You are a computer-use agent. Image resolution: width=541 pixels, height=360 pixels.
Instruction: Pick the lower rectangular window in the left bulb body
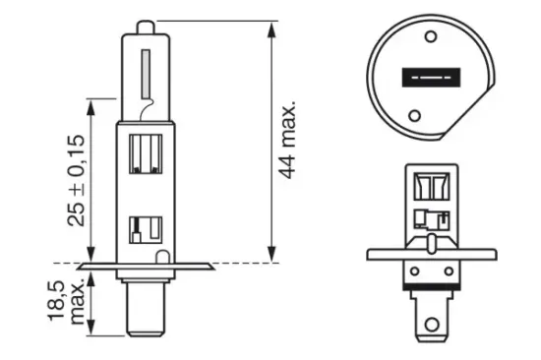coord(145,229)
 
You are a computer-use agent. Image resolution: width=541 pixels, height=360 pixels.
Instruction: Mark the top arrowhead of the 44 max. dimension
coord(271,26)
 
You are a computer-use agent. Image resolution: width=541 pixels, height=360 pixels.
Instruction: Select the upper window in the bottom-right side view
coord(430,188)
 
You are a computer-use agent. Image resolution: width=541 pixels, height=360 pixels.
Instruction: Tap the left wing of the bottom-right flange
coord(386,254)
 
